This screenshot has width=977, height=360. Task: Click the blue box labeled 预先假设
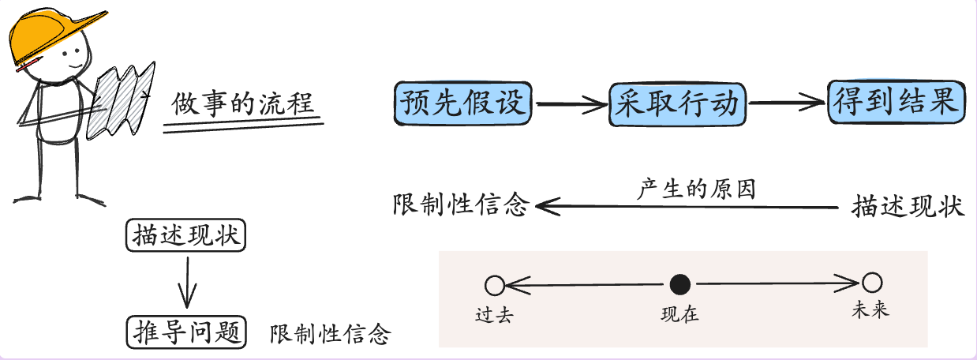pyautogui.click(x=462, y=103)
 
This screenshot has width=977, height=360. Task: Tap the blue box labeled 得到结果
pyautogui.click(x=896, y=103)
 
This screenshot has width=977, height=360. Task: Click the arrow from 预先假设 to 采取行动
pyautogui.click(x=571, y=103)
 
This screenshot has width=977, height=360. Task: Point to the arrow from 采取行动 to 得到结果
pyautogui.click(x=787, y=102)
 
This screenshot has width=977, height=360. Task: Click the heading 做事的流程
pyautogui.click(x=244, y=104)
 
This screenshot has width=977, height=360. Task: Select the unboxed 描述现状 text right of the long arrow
pyautogui.click(x=908, y=207)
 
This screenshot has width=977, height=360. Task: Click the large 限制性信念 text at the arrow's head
pyautogui.click(x=459, y=206)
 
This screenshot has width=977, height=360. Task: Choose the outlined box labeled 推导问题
pyautogui.click(x=187, y=332)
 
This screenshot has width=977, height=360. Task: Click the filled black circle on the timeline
pyautogui.click(x=680, y=284)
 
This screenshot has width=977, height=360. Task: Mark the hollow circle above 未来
pyautogui.click(x=871, y=283)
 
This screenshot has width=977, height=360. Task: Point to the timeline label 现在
pyautogui.click(x=679, y=313)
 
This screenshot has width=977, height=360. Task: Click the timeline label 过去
pyautogui.click(x=495, y=313)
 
